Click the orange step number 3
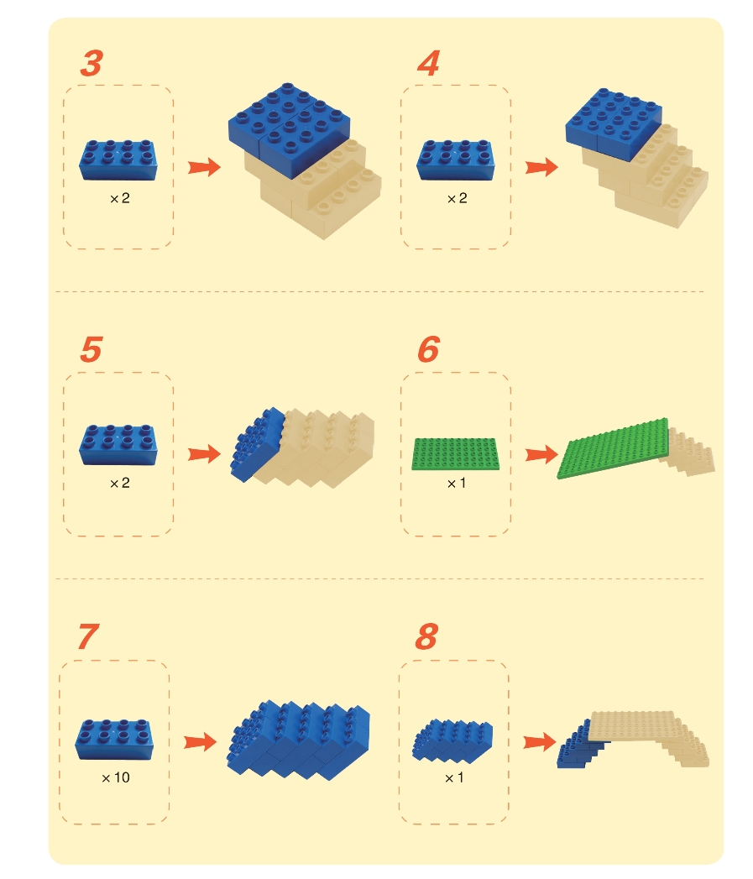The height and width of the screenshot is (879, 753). click(x=92, y=63)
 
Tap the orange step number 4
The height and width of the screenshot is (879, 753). click(x=429, y=63)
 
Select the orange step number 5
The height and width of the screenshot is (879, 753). click(x=92, y=350)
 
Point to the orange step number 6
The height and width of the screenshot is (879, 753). click(x=429, y=350)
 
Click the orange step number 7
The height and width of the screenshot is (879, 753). click(x=89, y=637)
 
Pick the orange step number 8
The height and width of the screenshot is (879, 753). click(x=426, y=637)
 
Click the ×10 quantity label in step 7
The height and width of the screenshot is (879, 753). click(x=116, y=777)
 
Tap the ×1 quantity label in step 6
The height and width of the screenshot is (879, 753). click(x=456, y=484)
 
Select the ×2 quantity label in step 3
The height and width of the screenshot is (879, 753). click(x=120, y=198)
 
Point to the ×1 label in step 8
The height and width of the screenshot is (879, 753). click(x=453, y=778)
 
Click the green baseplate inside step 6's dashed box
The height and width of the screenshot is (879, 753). click(x=455, y=454)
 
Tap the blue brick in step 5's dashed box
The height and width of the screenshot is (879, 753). click(x=118, y=445)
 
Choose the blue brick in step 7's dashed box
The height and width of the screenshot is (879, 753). click(x=114, y=740)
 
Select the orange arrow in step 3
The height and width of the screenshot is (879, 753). click(x=204, y=167)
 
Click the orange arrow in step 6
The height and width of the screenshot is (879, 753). click(x=541, y=454)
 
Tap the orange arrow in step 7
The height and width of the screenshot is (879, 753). click(x=200, y=742)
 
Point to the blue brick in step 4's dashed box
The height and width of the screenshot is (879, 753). click(x=456, y=160)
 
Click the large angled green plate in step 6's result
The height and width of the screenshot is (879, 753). click(x=613, y=448)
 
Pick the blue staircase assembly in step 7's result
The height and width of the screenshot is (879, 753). click(x=298, y=740)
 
